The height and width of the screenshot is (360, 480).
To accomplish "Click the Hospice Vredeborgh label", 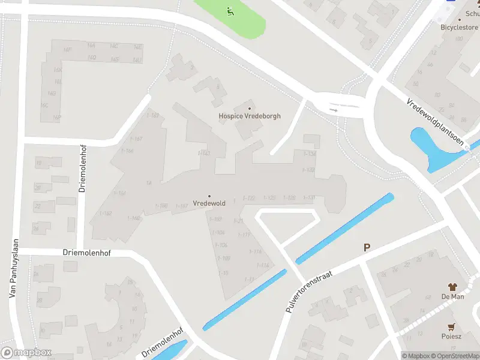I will (249, 116).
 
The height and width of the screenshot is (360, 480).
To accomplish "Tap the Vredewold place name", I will (209, 203).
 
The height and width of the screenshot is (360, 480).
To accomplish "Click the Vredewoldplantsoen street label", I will (435, 123).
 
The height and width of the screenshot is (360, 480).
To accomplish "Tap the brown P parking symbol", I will (367, 247).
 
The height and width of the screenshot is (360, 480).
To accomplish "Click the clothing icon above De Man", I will (453, 287).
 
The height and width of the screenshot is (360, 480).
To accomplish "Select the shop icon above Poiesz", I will (452, 326).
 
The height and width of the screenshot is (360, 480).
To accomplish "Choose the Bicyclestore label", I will (458, 28).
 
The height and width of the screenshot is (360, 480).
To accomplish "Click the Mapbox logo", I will (26, 353).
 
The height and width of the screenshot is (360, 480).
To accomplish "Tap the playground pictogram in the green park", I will (229, 10).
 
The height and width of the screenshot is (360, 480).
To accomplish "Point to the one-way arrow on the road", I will (334, 110).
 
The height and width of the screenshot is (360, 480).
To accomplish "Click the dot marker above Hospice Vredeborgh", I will (249, 108).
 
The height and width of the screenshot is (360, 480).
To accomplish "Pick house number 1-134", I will (310, 154).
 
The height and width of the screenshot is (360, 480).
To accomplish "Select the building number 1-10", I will (223, 273).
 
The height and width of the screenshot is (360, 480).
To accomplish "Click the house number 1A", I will (148, 183).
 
